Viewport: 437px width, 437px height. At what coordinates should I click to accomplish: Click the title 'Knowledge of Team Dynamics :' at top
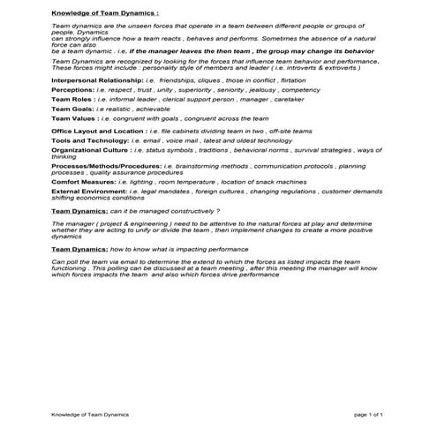[105, 15]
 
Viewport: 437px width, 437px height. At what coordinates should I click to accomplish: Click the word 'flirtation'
[275, 80]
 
